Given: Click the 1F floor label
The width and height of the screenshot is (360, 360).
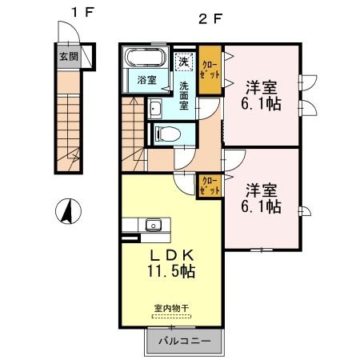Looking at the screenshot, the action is click(82, 12).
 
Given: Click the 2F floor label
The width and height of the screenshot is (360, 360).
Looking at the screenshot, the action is click(210, 19).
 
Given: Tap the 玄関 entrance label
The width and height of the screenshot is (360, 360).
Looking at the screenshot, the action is click(69, 57).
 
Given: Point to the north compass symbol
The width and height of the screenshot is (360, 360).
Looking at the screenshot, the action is click(68, 211).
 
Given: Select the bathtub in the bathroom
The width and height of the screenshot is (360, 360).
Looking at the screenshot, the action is click(146, 57).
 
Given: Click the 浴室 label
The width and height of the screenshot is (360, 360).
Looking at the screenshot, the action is click(146, 80).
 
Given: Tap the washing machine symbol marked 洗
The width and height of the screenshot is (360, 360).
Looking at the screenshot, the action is click(183, 62).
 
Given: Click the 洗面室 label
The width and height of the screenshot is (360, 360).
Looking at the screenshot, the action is click(184, 95).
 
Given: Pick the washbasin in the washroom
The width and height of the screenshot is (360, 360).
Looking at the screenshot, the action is click(154, 109).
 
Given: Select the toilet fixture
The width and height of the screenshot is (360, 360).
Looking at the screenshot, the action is click(168, 134).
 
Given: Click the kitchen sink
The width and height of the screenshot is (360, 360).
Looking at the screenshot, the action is click(154, 225).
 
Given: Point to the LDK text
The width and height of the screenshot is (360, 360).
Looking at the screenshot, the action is click(171, 256).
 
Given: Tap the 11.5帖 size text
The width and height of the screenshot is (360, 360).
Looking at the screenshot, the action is click(171, 271).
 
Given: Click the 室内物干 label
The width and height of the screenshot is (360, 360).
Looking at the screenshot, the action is click(171, 309).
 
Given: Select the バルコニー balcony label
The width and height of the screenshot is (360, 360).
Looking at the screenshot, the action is click(185, 341).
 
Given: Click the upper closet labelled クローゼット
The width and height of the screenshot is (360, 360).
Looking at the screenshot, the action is click(210, 70).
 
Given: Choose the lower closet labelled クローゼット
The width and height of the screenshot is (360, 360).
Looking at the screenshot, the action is click(210, 186).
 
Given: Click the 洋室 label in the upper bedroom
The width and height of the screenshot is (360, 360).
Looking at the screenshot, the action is click(261, 87).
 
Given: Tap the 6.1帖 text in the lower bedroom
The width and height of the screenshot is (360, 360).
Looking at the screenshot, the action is click(261, 206).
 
